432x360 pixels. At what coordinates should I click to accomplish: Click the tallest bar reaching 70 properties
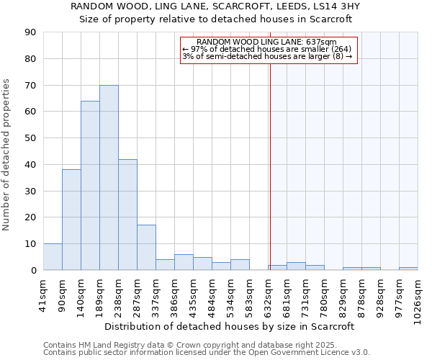pyautogui.click(x=109, y=178)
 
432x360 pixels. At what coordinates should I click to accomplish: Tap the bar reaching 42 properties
pyautogui.click(x=127, y=215)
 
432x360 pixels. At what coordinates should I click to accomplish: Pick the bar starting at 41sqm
pyautogui.click(x=53, y=257)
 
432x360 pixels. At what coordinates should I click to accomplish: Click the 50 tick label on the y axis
pyautogui.click(x=30, y=138)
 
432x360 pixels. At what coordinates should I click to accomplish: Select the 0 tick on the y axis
pyautogui.click(x=33, y=270)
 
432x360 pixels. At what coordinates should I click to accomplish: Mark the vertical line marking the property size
pyautogui.click(x=270, y=166)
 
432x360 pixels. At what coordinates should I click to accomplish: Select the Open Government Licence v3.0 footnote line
pyautogui.click(x=207, y=353)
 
